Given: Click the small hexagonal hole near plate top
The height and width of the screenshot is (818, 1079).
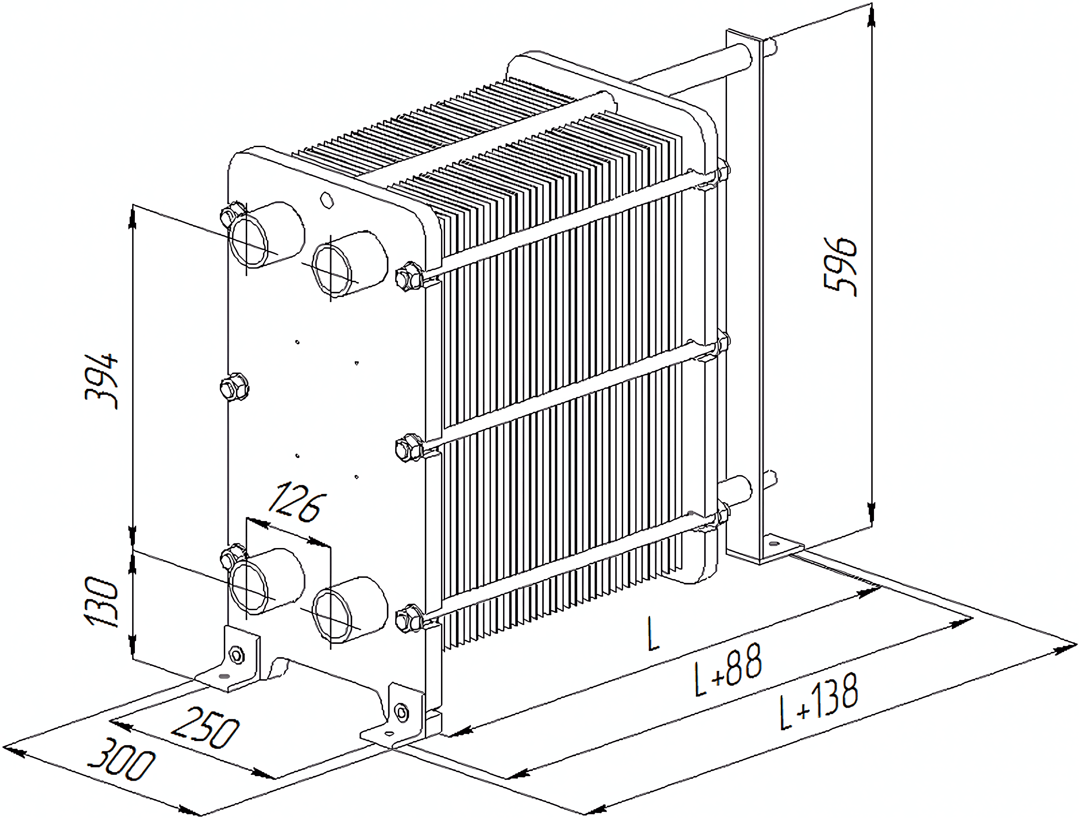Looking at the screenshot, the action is pyautogui.click(x=326, y=200).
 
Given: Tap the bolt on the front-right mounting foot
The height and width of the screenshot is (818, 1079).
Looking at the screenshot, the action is pyautogui.click(x=401, y=713).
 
